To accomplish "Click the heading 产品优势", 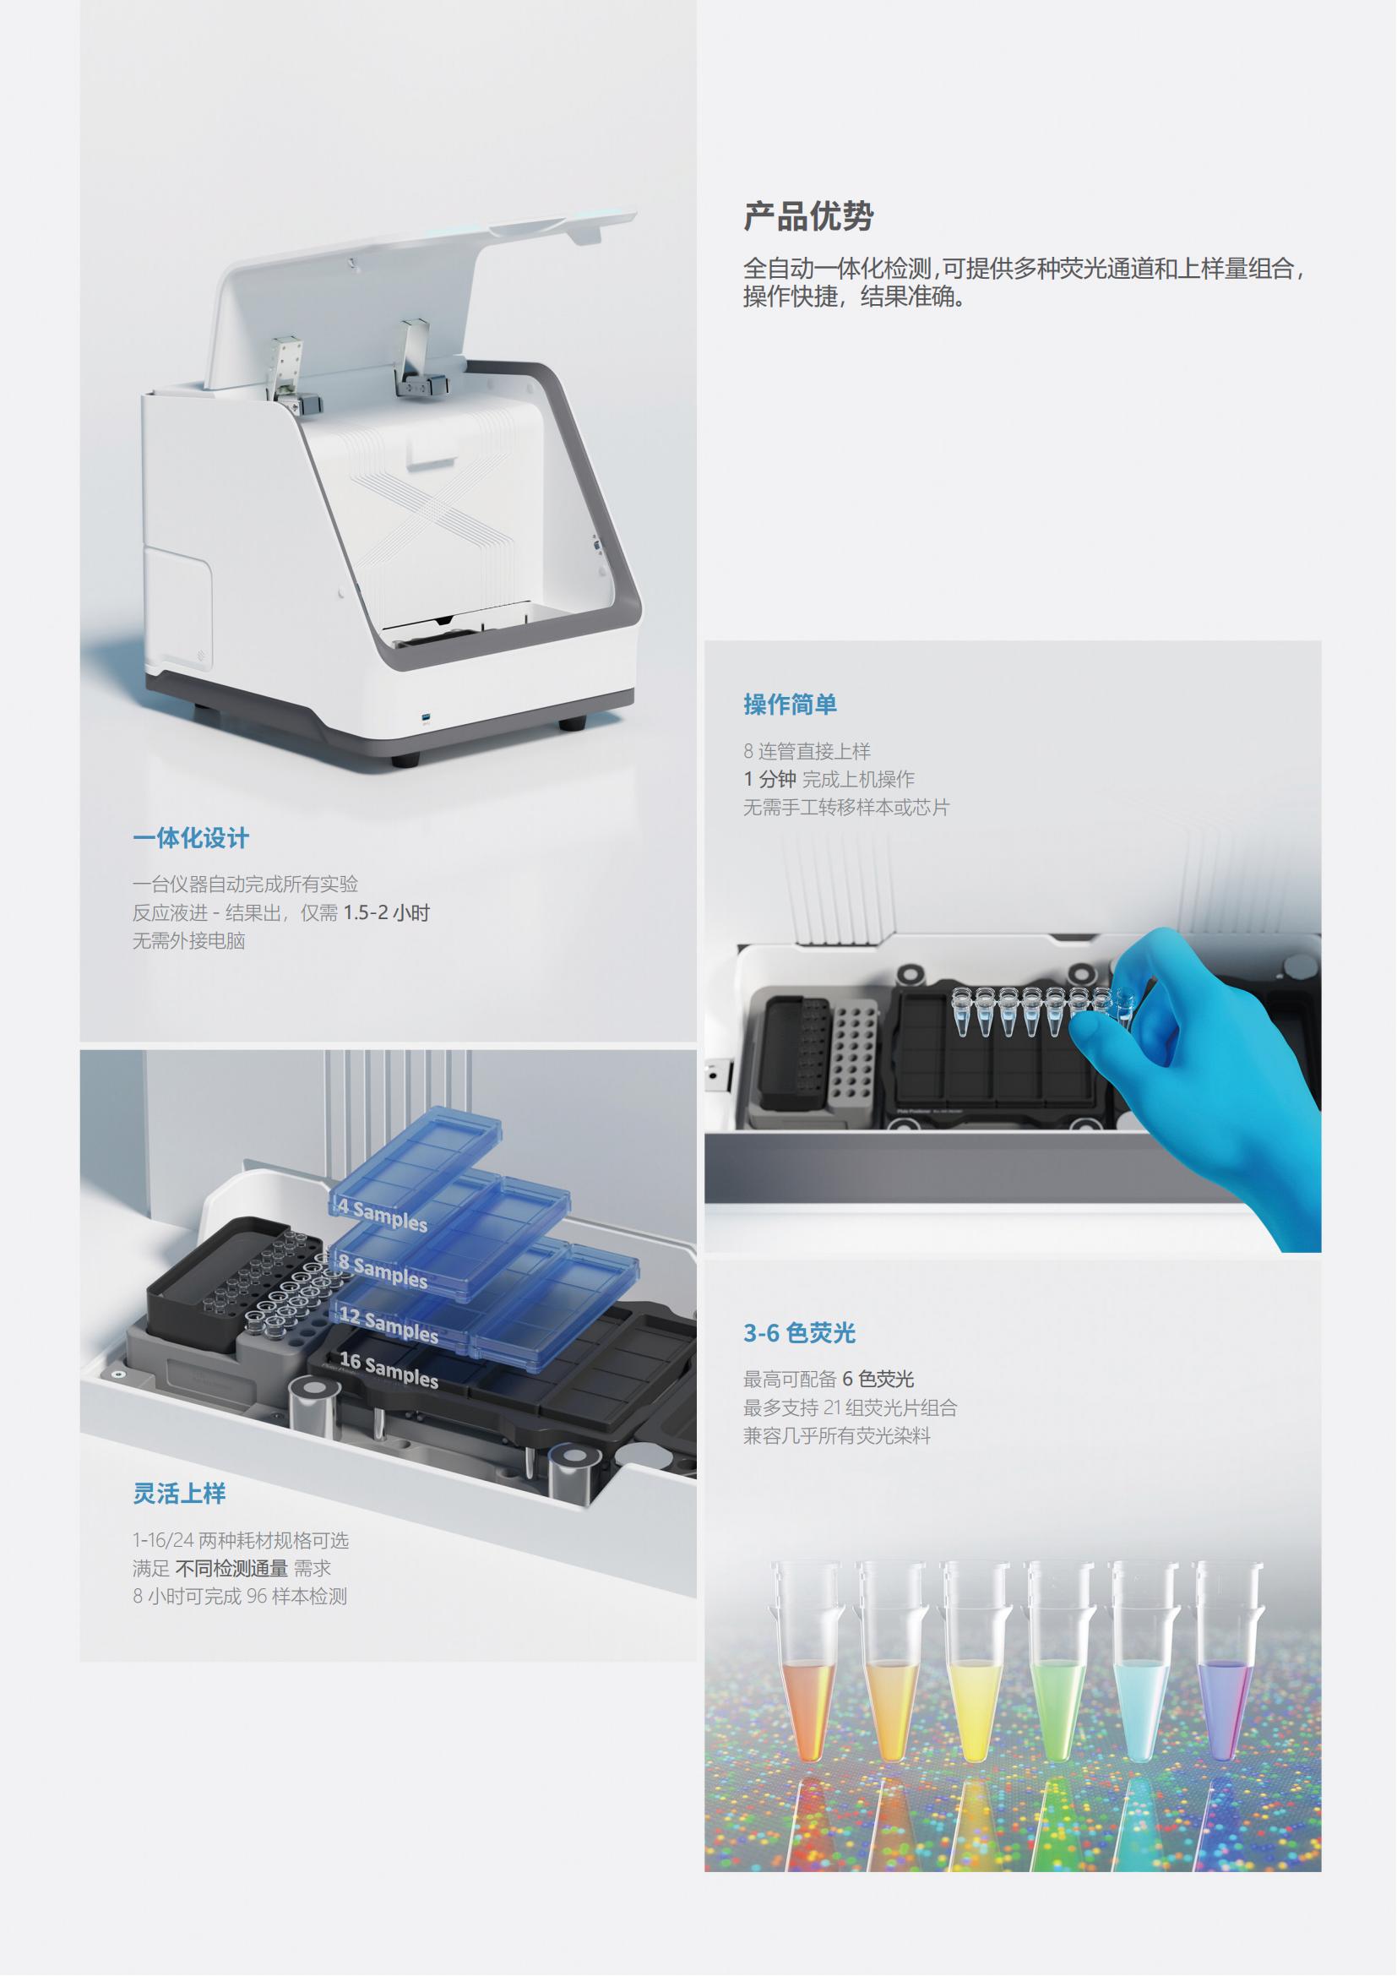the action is click(808, 216).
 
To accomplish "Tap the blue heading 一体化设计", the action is click(191, 838).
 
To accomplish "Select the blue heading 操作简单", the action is click(790, 705).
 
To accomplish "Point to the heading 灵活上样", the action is click(179, 1493).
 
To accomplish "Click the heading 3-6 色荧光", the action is click(799, 1333).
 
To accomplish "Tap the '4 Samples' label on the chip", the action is click(381, 1214).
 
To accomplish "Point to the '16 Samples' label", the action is click(388, 1370).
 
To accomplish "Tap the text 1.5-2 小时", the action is click(386, 912).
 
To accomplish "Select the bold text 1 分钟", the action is click(770, 779).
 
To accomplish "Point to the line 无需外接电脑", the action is click(188, 940).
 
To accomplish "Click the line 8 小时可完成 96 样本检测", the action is click(240, 1597).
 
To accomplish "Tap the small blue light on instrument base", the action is click(427, 717).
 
